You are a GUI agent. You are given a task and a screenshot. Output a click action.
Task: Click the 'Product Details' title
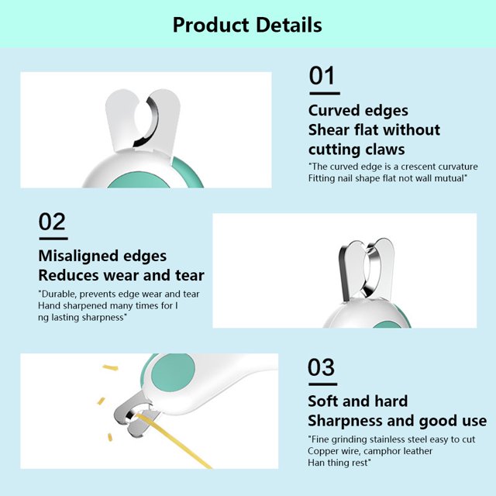(247, 25)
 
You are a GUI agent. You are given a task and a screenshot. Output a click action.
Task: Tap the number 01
(322, 76)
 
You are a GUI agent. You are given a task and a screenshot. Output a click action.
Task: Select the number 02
(52, 222)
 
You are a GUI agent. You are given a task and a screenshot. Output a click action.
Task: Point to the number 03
(321, 367)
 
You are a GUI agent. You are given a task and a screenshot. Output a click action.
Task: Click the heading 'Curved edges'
(358, 111)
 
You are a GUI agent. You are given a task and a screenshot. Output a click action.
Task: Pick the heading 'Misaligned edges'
(102, 256)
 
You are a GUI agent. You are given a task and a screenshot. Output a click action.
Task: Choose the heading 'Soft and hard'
(358, 401)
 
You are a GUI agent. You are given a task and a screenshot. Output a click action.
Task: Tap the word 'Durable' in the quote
(59, 294)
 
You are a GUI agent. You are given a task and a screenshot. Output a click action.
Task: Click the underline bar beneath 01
(325, 93)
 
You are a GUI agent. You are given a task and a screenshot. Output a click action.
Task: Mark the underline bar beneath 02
(53, 239)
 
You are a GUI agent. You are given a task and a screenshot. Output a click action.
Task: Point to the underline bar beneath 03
(323, 384)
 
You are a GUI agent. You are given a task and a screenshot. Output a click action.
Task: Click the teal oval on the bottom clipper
(174, 372)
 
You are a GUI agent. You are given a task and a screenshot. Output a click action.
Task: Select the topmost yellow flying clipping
(110, 367)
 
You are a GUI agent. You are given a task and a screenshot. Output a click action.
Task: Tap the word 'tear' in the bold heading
(190, 275)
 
